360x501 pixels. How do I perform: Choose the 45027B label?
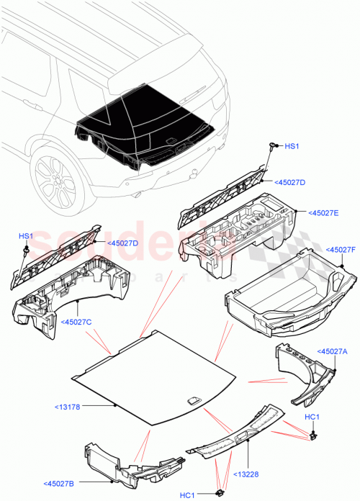tap(62, 483)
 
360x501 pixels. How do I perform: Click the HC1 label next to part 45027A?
tap(312, 418)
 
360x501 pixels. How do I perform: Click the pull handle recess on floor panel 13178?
tap(194, 401)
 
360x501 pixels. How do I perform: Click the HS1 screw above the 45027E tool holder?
tap(274, 148)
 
